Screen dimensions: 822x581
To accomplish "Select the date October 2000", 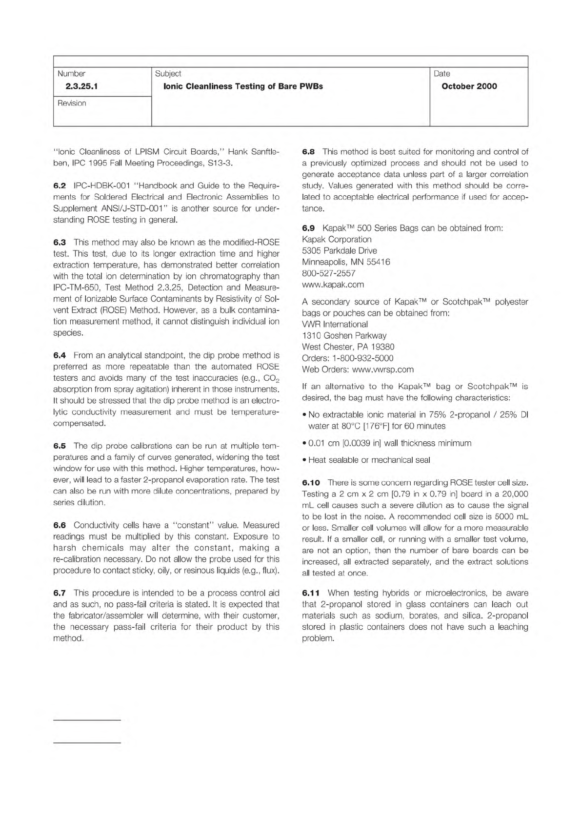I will click(469, 86).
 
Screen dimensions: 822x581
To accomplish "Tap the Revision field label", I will click(72, 103).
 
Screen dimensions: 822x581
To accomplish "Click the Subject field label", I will click(168, 74).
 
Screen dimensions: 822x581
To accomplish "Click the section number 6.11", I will click(311, 593).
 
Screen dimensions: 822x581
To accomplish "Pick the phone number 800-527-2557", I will click(328, 273).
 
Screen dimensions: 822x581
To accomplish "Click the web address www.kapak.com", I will click(333, 285).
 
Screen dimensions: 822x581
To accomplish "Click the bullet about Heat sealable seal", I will click(369, 460).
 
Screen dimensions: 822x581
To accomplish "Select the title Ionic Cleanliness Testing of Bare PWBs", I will click(243, 86).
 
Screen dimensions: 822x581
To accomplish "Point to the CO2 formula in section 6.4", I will click(269, 379).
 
